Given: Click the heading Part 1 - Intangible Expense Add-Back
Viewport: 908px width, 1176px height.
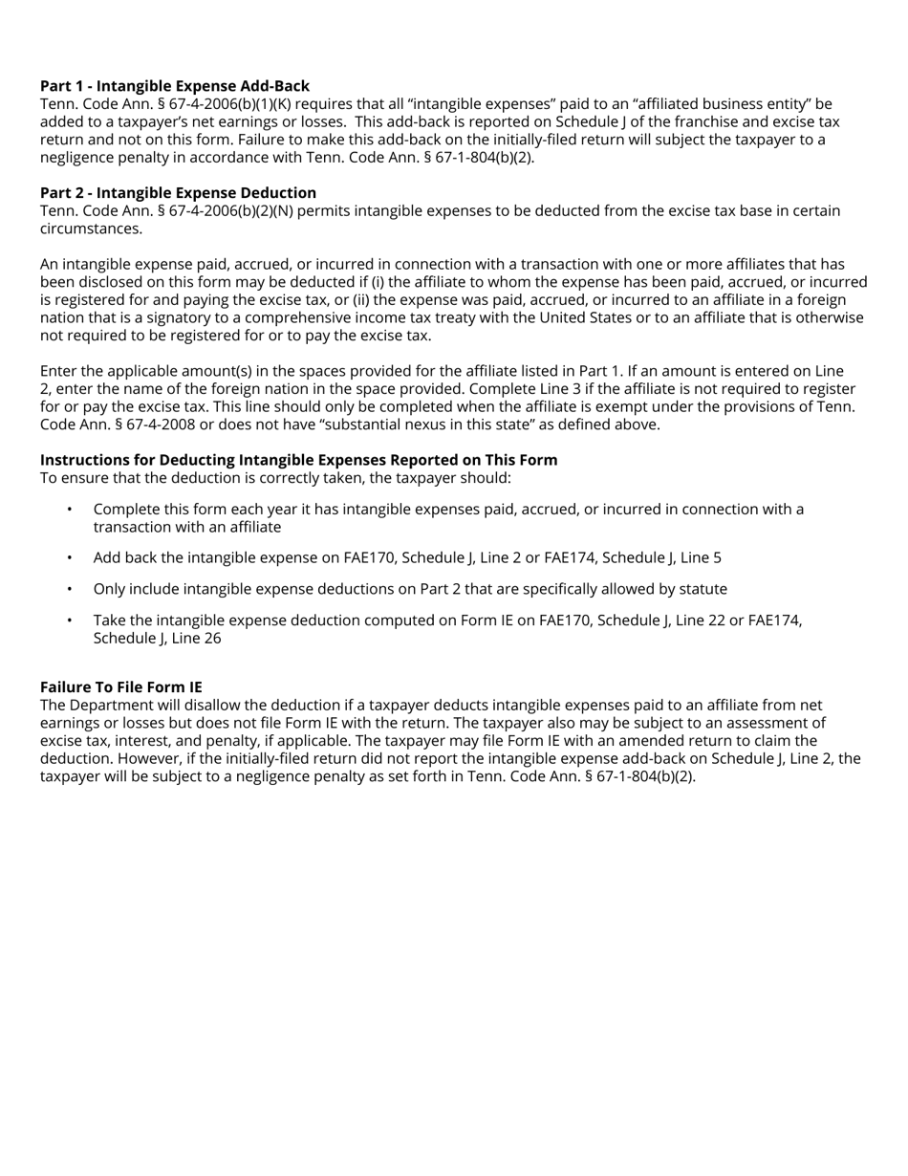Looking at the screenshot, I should [175, 86].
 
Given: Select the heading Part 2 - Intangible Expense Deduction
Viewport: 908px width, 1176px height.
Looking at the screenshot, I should [178, 193].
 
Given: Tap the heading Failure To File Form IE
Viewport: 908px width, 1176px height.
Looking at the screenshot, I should [121, 687].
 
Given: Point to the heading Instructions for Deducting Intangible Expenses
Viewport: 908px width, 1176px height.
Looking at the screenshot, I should [298, 460].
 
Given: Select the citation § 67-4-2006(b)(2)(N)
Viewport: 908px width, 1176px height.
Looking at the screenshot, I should [232, 210].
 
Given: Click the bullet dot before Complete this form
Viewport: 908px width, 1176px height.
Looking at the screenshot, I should [70, 510].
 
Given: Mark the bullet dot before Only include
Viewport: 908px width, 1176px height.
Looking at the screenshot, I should [70, 589].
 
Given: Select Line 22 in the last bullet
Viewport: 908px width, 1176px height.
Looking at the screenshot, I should [679, 621].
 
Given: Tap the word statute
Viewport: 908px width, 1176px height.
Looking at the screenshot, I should [702, 589].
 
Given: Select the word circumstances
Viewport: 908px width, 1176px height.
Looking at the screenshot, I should [91, 229].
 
